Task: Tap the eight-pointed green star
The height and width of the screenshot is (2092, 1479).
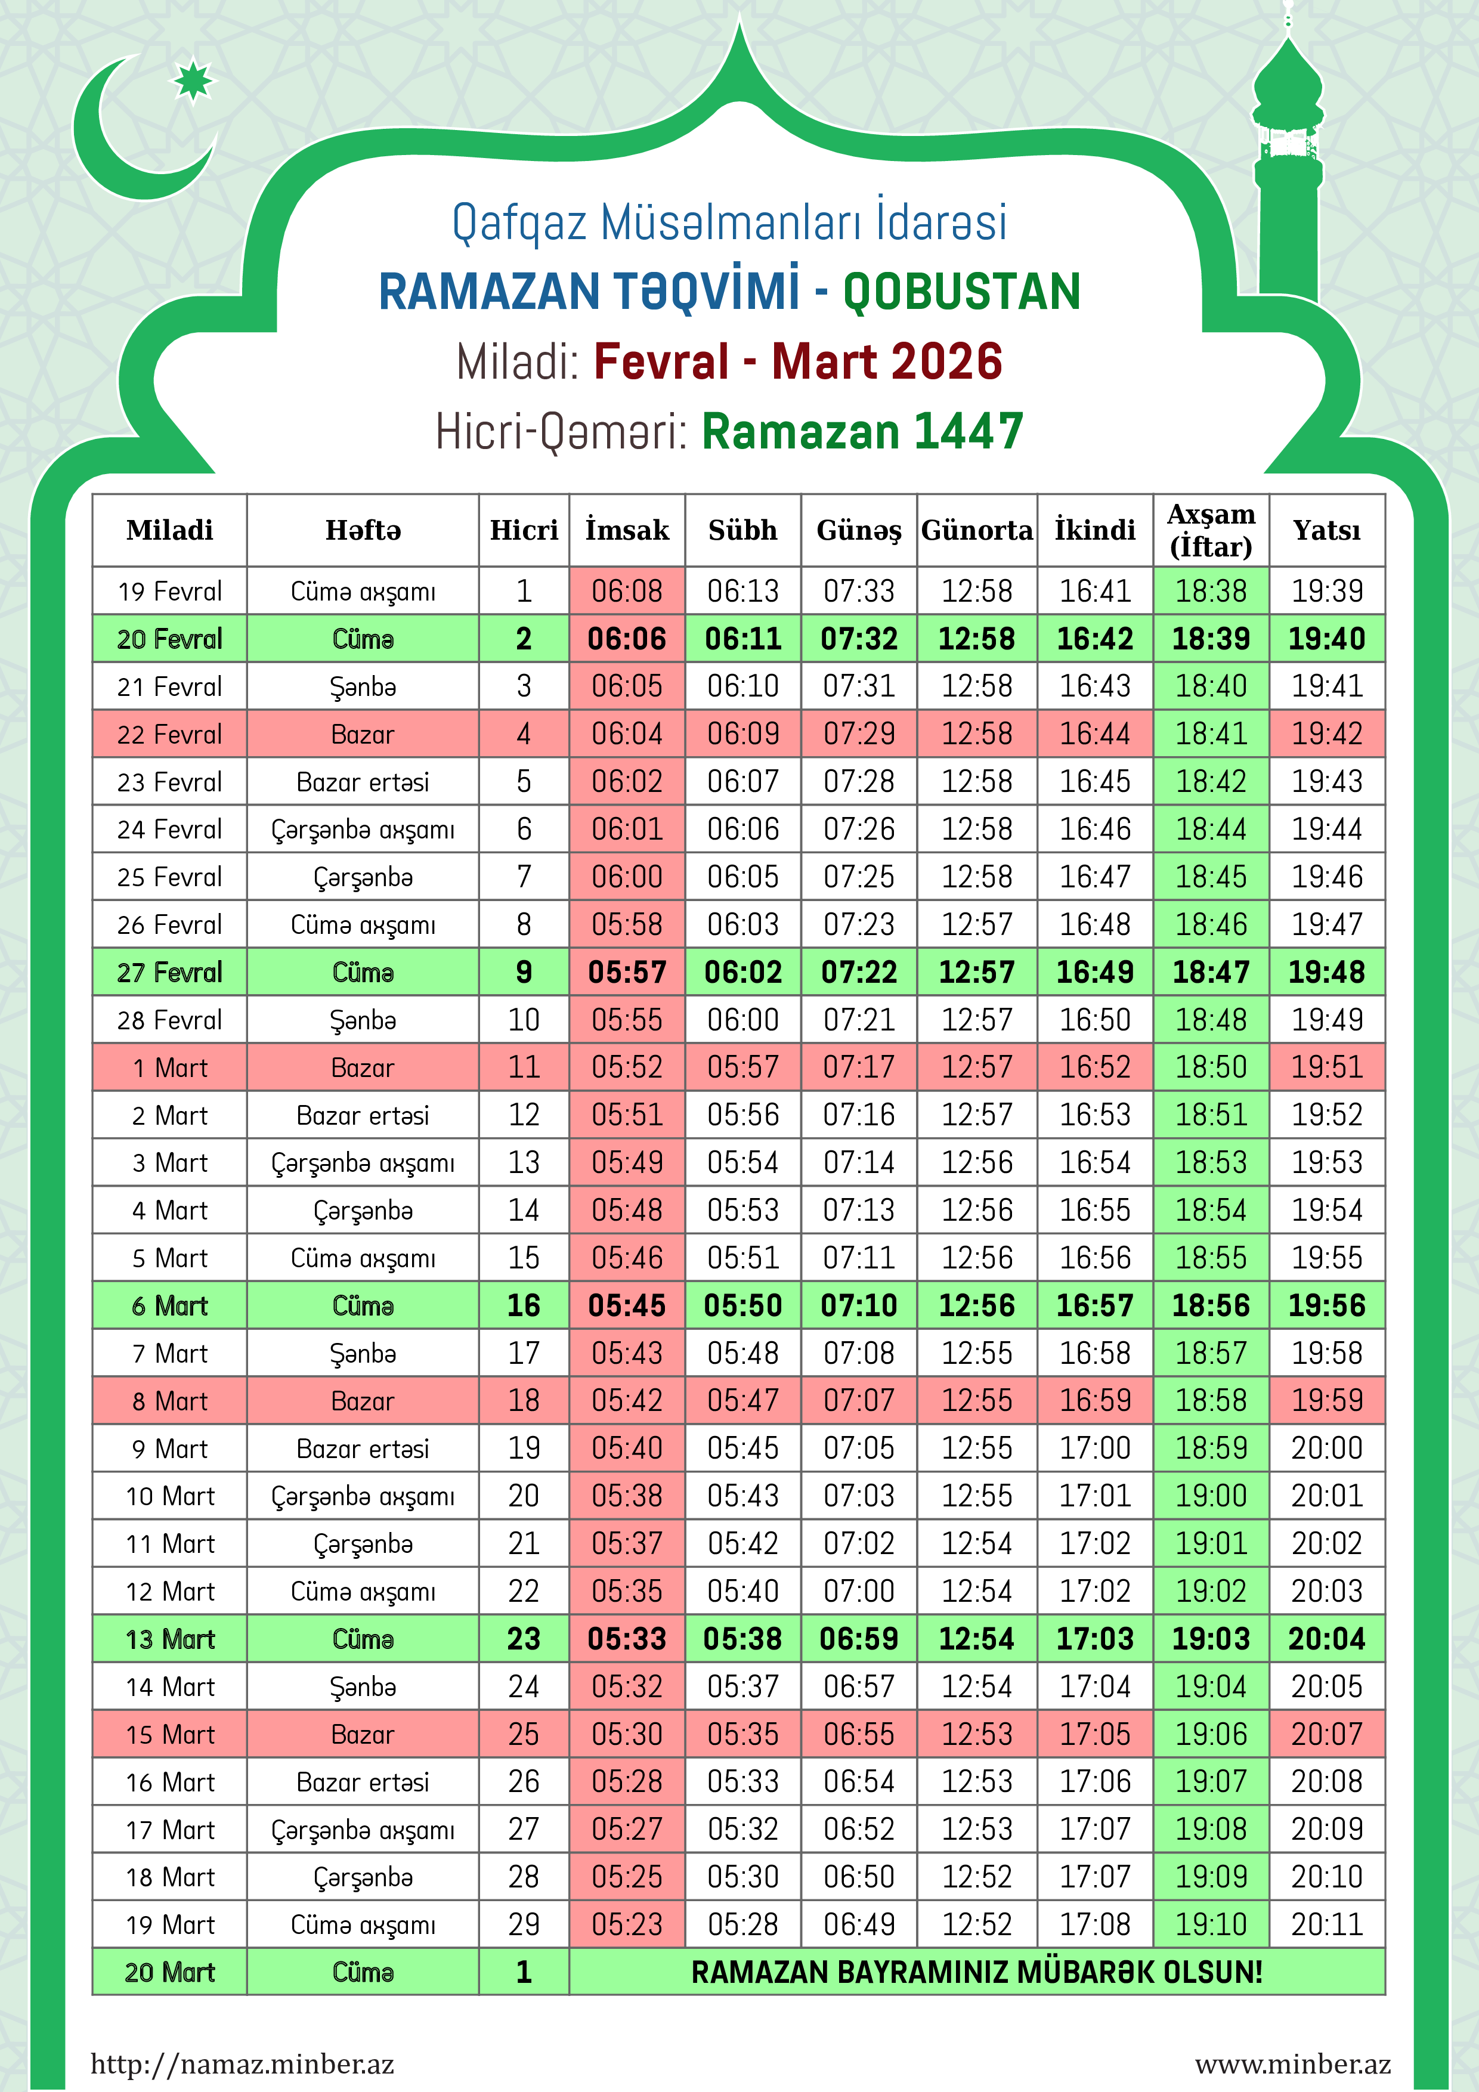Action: point(192,81)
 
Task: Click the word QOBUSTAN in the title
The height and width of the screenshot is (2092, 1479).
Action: point(961,292)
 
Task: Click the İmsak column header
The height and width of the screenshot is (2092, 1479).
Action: point(627,530)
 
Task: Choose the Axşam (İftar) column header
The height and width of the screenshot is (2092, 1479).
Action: point(1211,530)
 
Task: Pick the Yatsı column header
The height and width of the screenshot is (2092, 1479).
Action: point(1327,530)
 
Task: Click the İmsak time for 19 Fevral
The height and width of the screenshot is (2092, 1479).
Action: point(627,592)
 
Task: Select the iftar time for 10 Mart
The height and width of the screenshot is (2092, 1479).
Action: point(1211,1496)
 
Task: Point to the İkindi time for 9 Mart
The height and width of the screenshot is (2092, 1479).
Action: point(1094,1449)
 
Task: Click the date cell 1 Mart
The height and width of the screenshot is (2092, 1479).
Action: point(169,1068)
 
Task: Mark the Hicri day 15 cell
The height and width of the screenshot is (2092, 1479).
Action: point(524,1258)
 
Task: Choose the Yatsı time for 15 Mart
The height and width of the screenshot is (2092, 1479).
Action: point(1327,1734)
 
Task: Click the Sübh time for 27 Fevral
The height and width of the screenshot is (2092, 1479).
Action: point(742,972)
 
